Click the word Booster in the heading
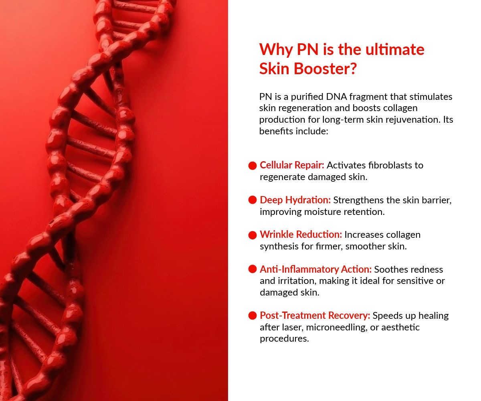click(x=325, y=69)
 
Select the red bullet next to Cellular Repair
click(x=253, y=166)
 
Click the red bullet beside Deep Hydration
click(x=253, y=200)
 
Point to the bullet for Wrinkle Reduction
click(x=253, y=235)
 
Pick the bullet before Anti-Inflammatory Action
click(x=253, y=269)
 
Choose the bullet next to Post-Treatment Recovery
click(x=253, y=316)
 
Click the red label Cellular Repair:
click(x=292, y=165)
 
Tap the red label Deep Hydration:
click(x=295, y=200)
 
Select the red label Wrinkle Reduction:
click(x=301, y=234)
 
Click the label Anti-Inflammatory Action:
click(x=315, y=269)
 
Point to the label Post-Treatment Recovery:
click(x=315, y=315)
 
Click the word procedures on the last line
click(x=284, y=339)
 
